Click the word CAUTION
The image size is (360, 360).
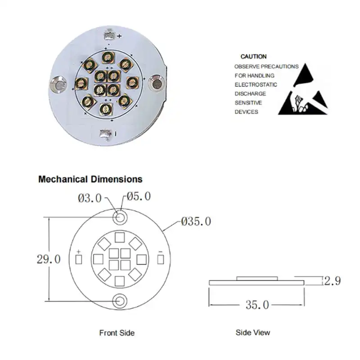click(x=253, y=57)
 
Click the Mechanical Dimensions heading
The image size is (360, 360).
click(x=90, y=179)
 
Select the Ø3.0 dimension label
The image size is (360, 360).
click(x=90, y=198)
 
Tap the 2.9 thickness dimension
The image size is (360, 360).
click(x=332, y=281)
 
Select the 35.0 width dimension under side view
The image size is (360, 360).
click(x=257, y=305)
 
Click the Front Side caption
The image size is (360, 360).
click(x=117, y=333)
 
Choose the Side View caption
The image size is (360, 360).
click(x=253, y=333)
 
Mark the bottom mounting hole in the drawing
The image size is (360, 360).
click(x=120, y=300)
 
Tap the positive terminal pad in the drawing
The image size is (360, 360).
click(x=79, y=260)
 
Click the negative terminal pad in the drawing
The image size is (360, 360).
click(x=161, y=260)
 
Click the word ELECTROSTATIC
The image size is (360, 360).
click(x=256, y=85)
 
